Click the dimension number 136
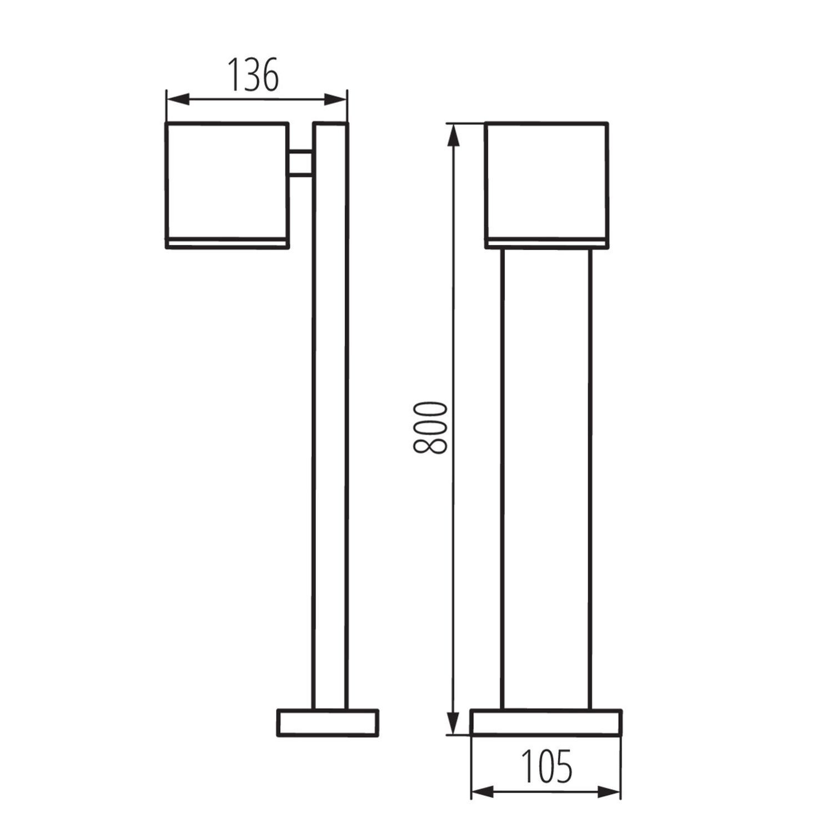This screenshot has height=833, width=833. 253,76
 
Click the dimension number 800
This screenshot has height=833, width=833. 430,427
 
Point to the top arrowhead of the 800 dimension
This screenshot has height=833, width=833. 454,136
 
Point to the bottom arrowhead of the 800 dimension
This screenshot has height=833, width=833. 454,722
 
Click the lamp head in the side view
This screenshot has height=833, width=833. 227,181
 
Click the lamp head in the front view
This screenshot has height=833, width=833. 546,181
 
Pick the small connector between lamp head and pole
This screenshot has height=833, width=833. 300,163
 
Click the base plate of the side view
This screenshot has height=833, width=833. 328,722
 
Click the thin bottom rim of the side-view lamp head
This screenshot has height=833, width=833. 227,244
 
